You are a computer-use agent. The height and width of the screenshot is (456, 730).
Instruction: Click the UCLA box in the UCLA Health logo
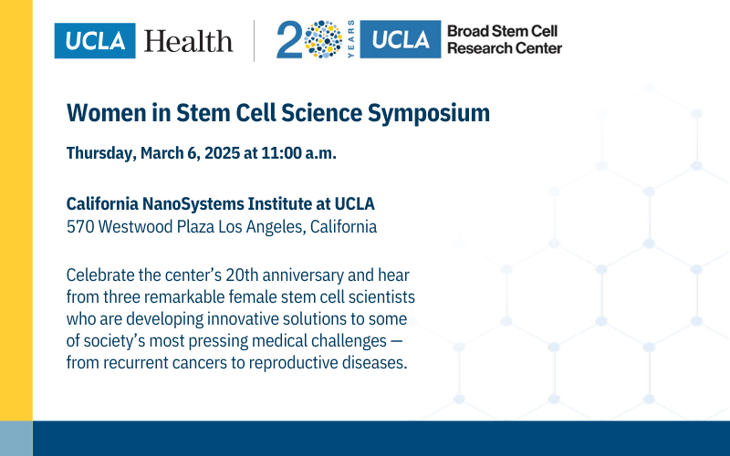(x=95, y=41)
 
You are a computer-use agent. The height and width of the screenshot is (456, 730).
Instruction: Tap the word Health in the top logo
(x=188, y=41)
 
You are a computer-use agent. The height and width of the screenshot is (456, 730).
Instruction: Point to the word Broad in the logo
(x=466, y=32)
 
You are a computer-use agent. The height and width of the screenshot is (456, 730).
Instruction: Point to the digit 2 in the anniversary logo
(x=289, y=41)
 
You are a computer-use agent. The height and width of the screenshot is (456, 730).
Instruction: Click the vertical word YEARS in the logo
(x=350, y=41)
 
